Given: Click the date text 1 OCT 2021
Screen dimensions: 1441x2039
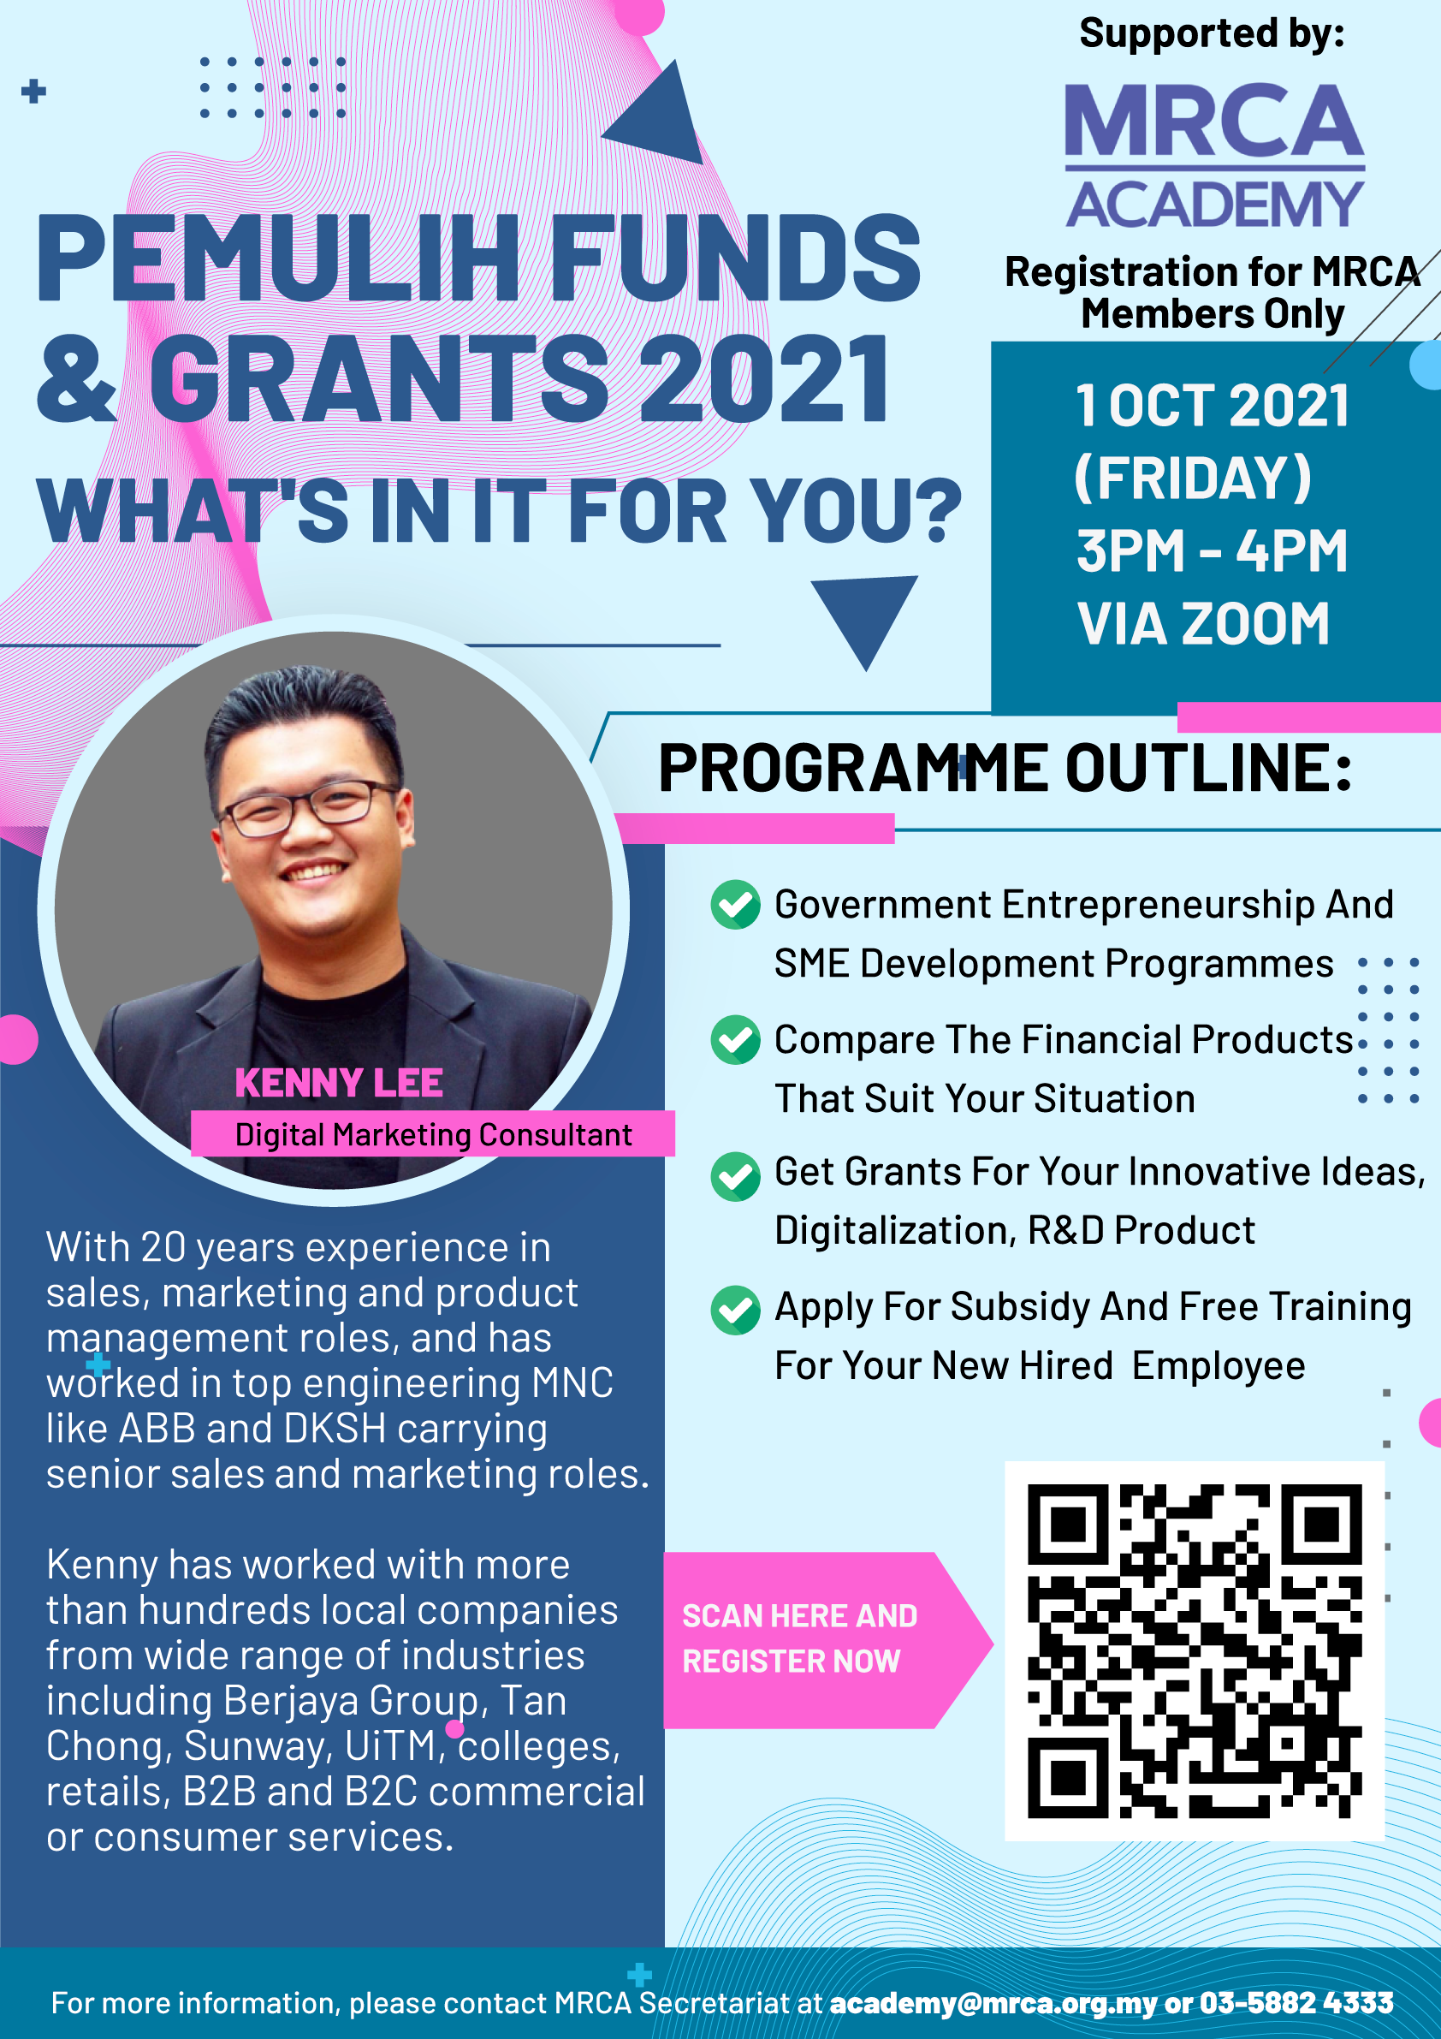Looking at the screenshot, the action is tap(1212, 406).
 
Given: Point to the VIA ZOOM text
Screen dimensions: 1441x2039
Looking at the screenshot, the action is tap(1203, 623).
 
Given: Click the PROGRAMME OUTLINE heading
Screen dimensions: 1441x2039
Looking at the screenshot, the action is tap(1005, 768).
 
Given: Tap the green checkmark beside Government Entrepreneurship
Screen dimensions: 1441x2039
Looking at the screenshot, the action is tap(735, 905).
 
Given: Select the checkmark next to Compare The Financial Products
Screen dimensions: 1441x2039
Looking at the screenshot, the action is tap(735, 1040).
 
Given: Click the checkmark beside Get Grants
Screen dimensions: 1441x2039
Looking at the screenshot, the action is tap(735, 1176).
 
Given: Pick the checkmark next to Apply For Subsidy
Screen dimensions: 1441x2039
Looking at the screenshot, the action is tap(735, 1310).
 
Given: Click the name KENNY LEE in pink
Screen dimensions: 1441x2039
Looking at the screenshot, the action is tap(338, 1084).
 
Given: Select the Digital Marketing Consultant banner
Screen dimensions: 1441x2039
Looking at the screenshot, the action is tap(433, 1134).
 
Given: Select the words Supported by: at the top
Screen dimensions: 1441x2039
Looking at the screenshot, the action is tap(1212, 33).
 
